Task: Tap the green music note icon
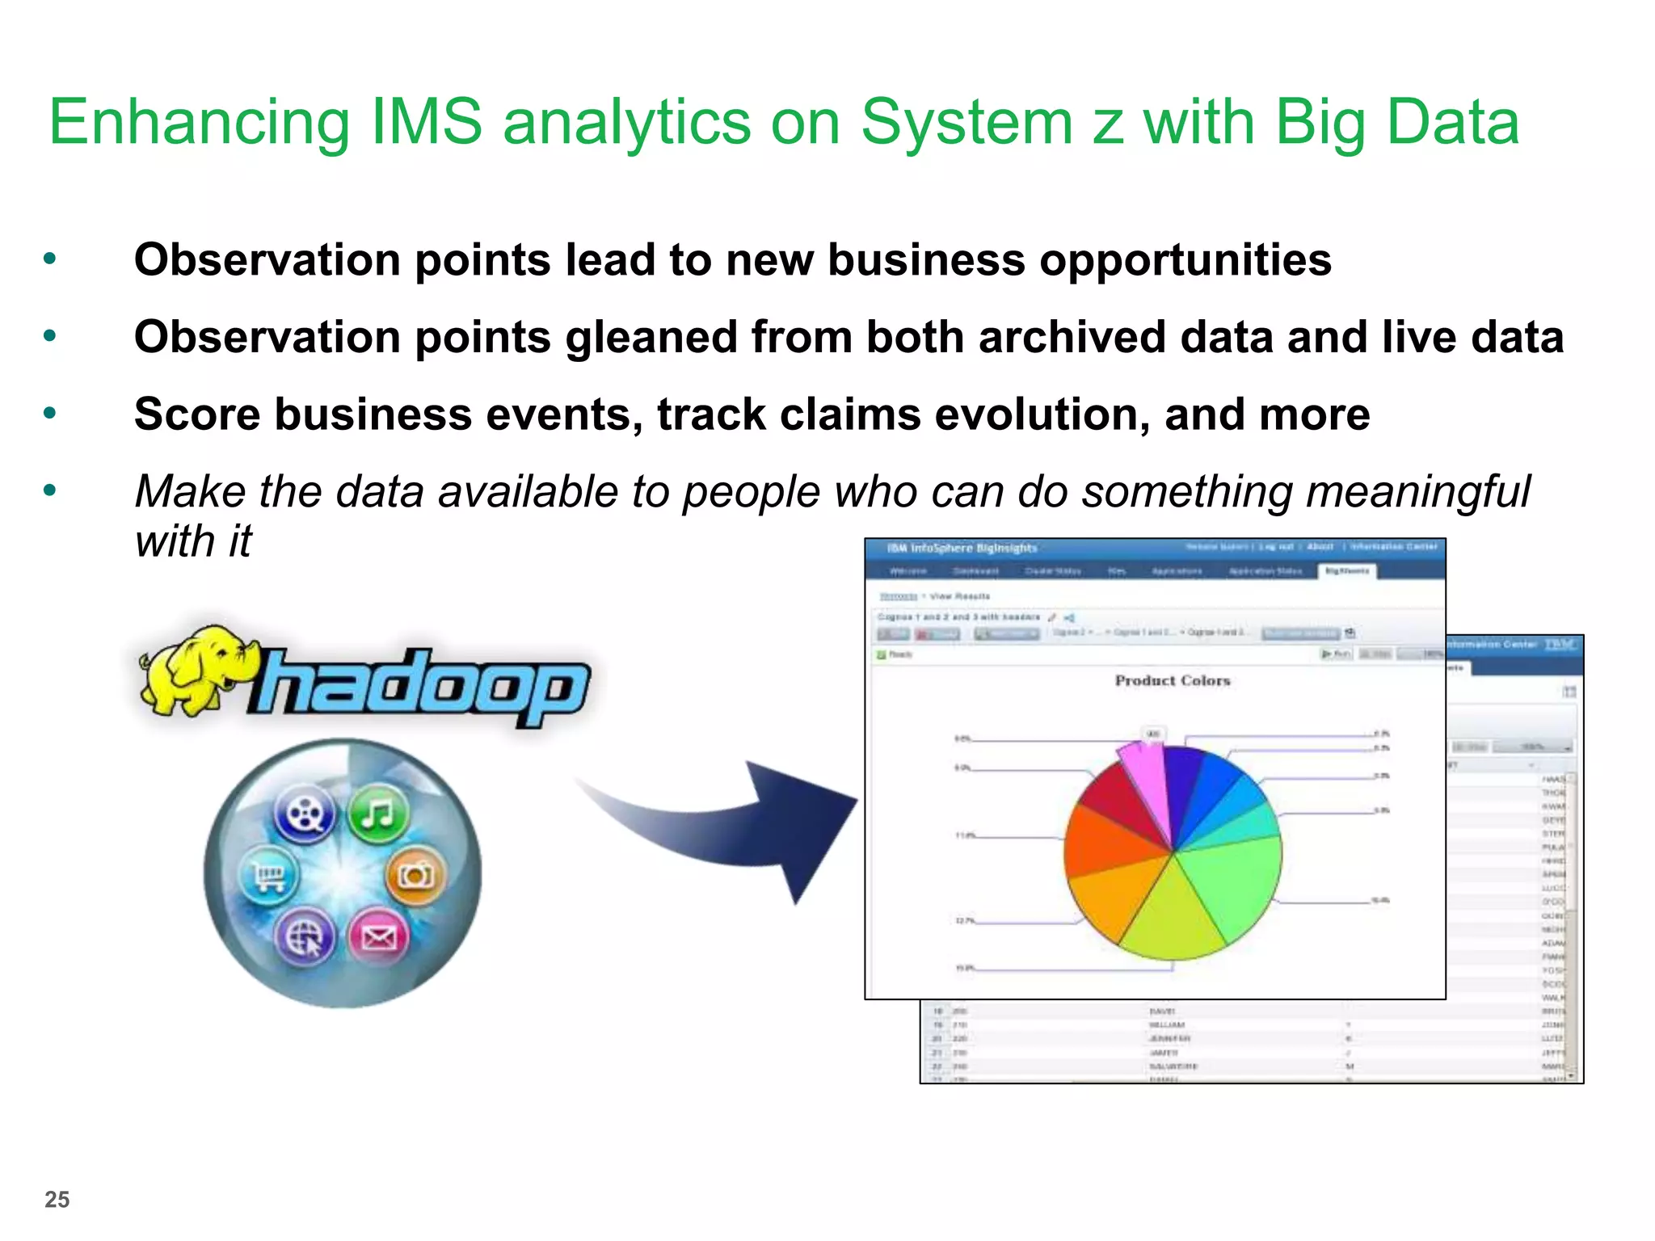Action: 378,813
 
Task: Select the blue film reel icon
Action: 305,813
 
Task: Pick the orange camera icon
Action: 415,874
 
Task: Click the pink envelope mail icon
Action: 378,936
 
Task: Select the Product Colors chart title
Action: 1172,680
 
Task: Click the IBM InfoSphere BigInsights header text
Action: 962,548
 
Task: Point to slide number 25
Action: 57,1199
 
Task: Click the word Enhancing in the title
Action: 199,123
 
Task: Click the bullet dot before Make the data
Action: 50,490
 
